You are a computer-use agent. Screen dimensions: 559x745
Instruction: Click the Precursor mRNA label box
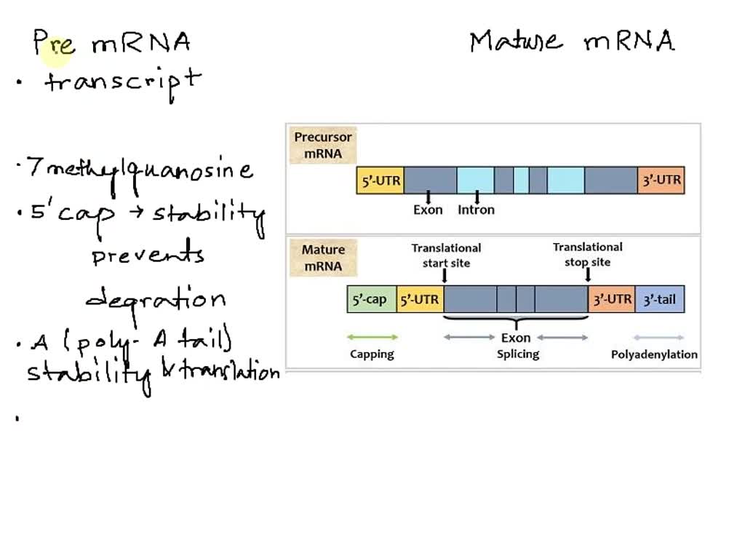pos(322,146)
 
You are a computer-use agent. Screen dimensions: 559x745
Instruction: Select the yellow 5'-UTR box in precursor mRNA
pos(380,181)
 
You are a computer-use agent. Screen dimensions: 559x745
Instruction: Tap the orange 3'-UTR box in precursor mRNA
pos(661,181)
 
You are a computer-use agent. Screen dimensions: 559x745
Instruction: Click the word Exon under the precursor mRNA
pos(428,210)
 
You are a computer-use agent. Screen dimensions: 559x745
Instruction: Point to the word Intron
pos(476,210)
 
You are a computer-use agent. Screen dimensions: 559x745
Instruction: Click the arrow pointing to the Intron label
pos(477,197)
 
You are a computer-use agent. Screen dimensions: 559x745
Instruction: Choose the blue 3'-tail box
pos(660,299)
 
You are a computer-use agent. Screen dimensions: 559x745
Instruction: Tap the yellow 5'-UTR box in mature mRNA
pos(420,299)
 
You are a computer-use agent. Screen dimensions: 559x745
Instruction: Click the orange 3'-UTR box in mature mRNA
pos(611,299)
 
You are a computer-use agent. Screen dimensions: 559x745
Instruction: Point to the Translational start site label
pos(446,255)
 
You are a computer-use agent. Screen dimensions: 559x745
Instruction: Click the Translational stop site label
pos(587,255)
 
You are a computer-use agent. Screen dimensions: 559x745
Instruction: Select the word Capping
pos(372,354)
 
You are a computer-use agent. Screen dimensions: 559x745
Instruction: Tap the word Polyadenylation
pos(653,354)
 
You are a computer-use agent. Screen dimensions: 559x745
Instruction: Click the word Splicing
pos(517,354)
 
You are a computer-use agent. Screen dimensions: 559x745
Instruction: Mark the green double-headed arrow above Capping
pos(372,338)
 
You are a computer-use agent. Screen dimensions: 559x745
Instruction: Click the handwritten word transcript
pos(122,81)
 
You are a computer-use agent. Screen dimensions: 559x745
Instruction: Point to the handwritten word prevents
pos(148,255)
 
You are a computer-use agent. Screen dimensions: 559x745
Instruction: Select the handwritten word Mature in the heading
pos(516,41)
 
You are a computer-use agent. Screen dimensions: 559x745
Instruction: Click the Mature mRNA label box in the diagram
pos(323,258)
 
